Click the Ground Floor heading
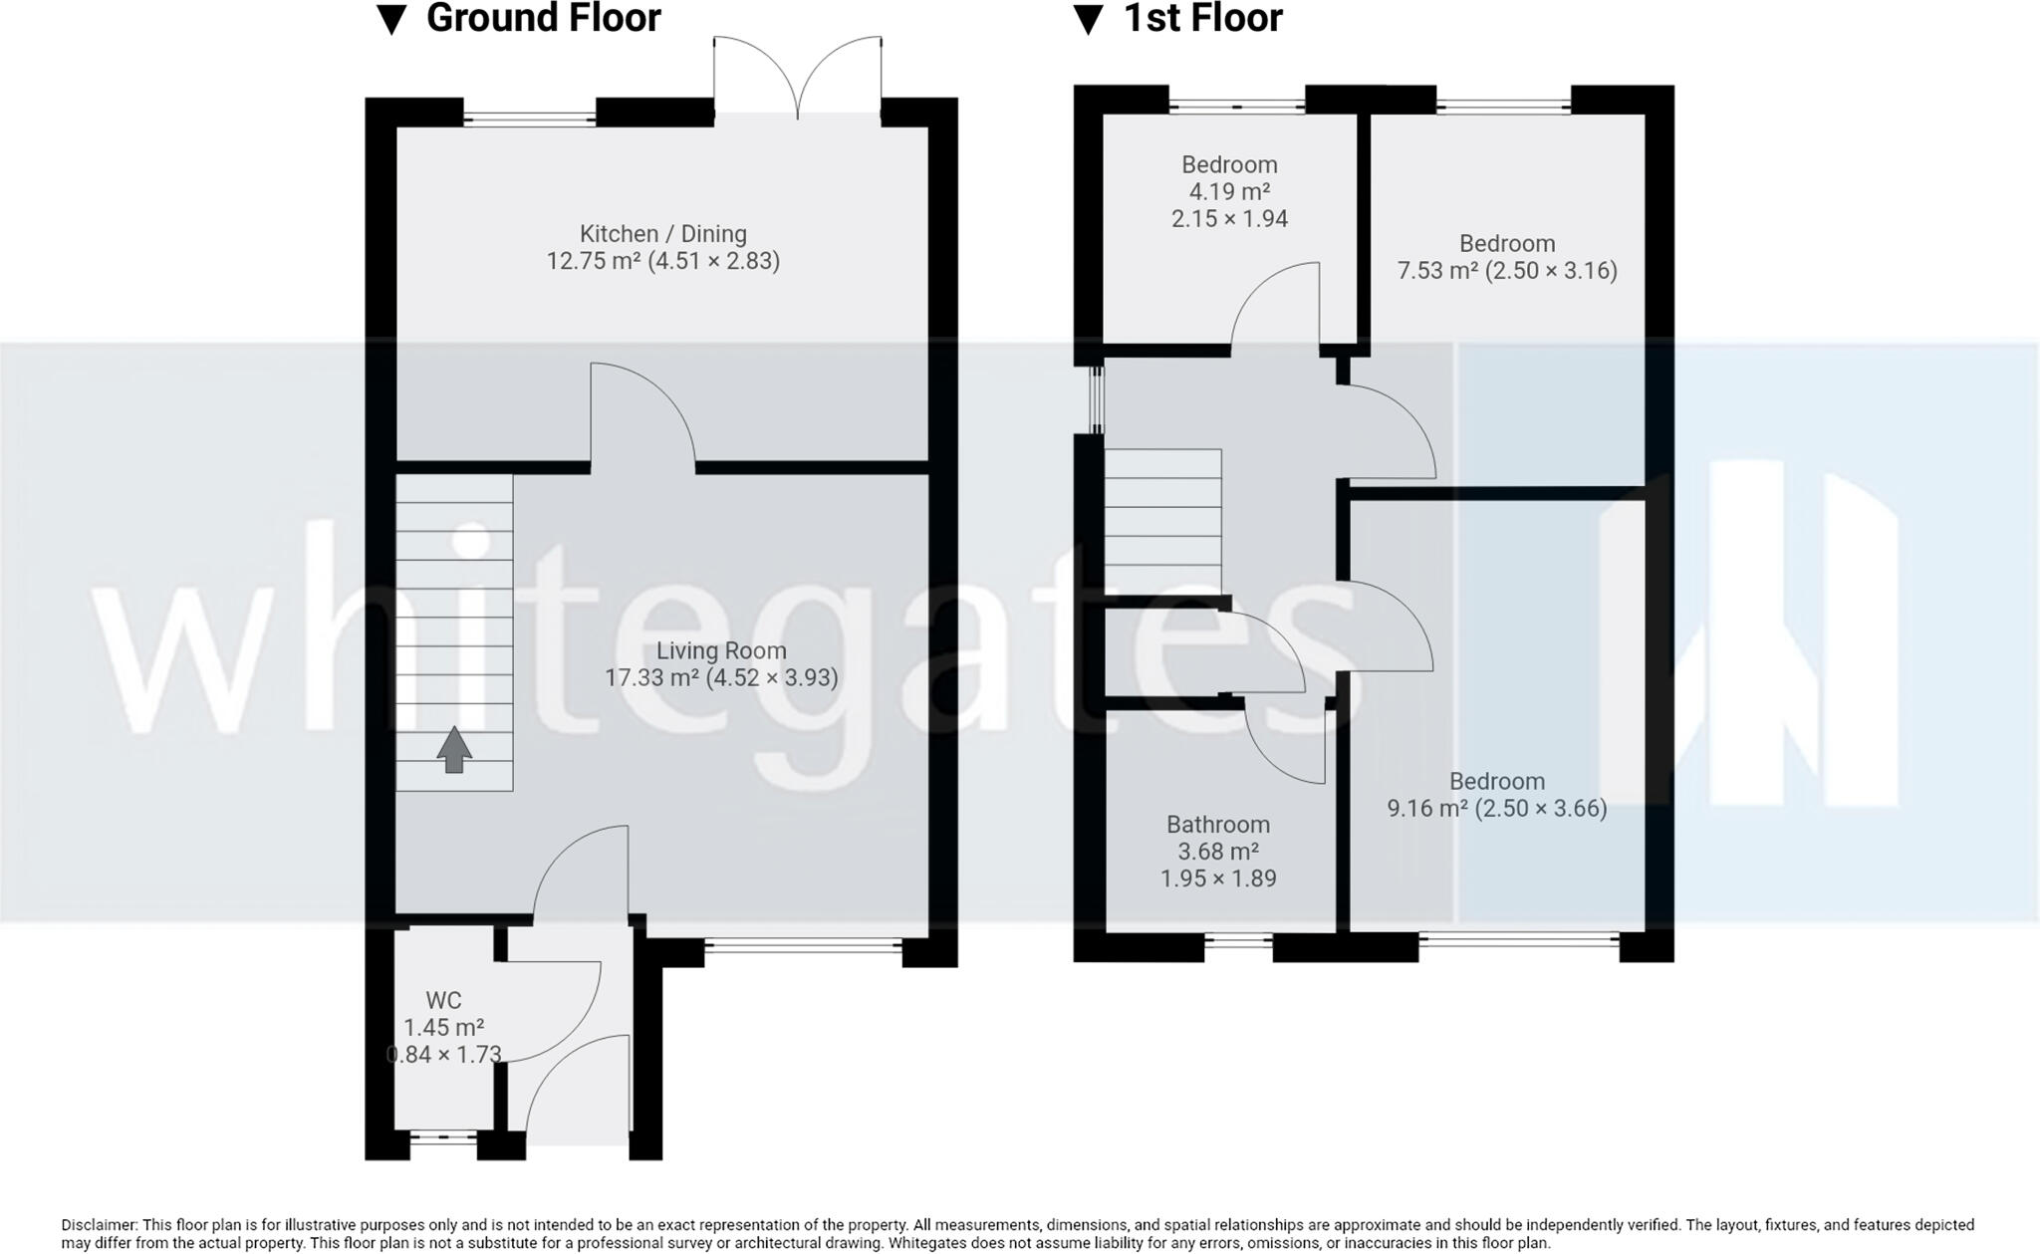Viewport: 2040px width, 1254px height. point(543,18)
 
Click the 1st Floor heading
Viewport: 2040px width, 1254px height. point(1202,18)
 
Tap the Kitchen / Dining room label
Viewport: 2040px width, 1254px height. point(662,234)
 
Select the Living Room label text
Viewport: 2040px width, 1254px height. point(721,651)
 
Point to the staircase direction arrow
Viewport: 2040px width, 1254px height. point(454,749)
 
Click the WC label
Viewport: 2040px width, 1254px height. point(443,1000)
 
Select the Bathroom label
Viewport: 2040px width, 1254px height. point(1217,825)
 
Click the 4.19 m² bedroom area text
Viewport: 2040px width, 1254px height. point(1228,192)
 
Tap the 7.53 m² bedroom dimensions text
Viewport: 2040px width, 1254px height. point(1551,271)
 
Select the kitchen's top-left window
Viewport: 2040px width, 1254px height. point(529,119)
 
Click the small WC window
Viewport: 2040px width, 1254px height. point(443,1136)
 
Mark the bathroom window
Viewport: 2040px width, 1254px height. point(1238,939)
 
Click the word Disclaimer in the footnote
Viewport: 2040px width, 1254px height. point(99,1225)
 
